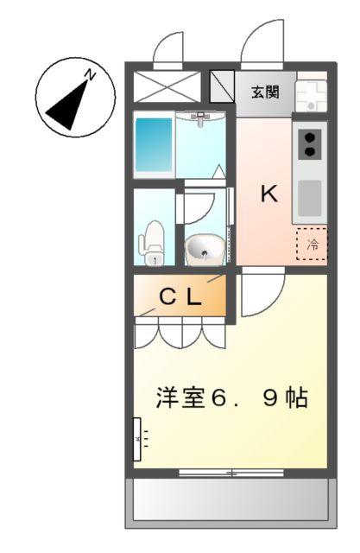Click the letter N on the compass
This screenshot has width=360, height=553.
[89, 77]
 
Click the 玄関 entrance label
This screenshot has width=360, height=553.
[265, 90]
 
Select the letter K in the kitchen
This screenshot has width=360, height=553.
[269, 194]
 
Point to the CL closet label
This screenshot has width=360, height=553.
[180, 297]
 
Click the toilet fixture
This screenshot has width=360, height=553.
[154, 242]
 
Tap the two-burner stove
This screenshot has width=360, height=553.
[309, 143]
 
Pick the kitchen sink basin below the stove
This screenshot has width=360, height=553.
[309, 196]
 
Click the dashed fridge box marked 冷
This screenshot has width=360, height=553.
[312, 245]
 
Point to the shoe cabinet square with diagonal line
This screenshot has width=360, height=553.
[223, 87]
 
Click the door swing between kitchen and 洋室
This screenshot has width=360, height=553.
[260, 295]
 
